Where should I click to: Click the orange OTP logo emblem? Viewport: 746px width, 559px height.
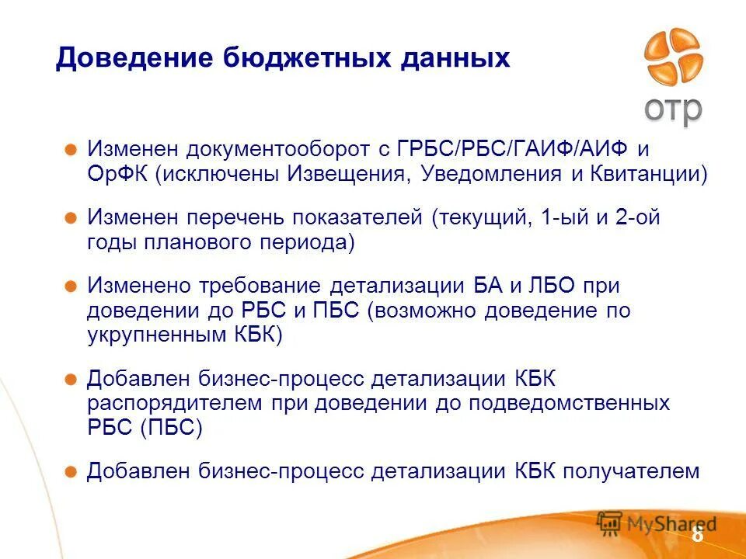[x=673, y=57]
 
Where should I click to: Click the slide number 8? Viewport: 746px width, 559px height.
[x=697, y=535]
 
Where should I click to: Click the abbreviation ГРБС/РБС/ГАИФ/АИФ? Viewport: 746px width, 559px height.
[x=514, y=148]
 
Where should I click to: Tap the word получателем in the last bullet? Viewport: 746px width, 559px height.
[x=631, y=471]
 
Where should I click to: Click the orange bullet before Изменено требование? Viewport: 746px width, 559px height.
[x=71, y=286]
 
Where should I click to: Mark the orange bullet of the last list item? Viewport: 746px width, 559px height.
[x=71, y=471]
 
